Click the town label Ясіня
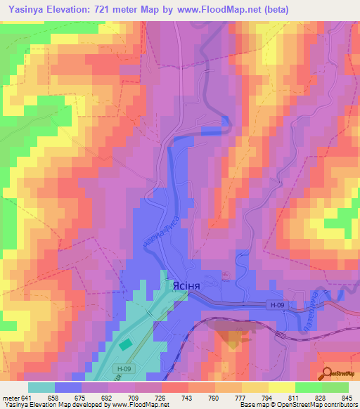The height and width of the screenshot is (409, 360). pyautogui.click(x=180, y=286)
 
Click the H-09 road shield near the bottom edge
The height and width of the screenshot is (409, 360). pyautogui.click(x=124, y=368)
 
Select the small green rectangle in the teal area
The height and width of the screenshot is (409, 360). pyautogui.click(x=124, y=345)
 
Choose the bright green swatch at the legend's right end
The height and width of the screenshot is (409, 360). pyautogui.click(x=335, y=387)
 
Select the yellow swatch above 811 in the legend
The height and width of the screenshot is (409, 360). pyautogui.click(x=282, y=387)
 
